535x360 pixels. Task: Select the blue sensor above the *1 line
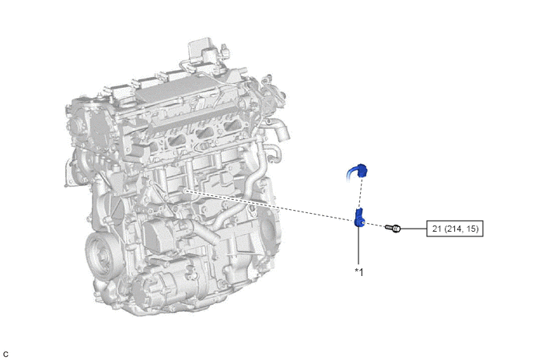click(359, 217)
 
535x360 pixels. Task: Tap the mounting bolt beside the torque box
click(393, 228)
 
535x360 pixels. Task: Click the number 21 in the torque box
click(437, 229)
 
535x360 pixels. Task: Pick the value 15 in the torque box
click(471, 229)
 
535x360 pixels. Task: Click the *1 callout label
click(359, 272)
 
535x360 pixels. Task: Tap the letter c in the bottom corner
click(5, 355)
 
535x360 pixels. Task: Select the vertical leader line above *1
click(358, 246)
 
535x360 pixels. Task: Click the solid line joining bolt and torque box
click(414, 229)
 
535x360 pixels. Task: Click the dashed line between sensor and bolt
click(375, 225)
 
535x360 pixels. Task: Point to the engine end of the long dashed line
click(184, 190)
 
